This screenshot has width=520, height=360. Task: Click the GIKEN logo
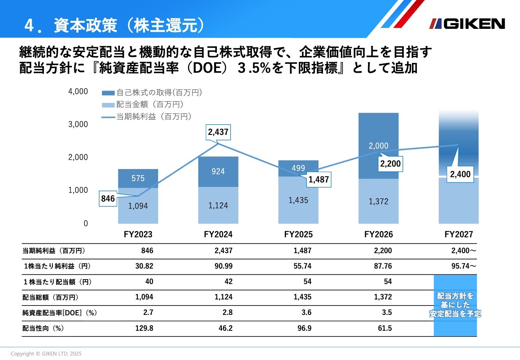tap(467, 24)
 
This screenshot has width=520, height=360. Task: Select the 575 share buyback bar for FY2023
tap(138, 178)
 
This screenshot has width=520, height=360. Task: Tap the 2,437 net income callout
tap(218, 132)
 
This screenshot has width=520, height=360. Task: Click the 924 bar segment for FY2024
tap(218, 171)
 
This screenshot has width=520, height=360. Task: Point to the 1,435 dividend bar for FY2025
tap(298, 200)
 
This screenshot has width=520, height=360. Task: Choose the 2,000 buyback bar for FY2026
tap(378, 146)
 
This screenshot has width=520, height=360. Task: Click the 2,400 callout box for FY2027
tap(460, 175)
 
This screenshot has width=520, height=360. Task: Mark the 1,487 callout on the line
tap(318, 180)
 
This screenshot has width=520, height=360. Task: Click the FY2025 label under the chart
tap(298, 235)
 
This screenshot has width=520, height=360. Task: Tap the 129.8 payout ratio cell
tap(144, 328)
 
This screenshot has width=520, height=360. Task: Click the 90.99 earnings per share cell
tap(223, 266)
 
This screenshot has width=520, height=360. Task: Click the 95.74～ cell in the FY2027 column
tap(463, 266)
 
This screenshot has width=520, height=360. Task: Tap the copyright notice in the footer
tap(46, 353)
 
